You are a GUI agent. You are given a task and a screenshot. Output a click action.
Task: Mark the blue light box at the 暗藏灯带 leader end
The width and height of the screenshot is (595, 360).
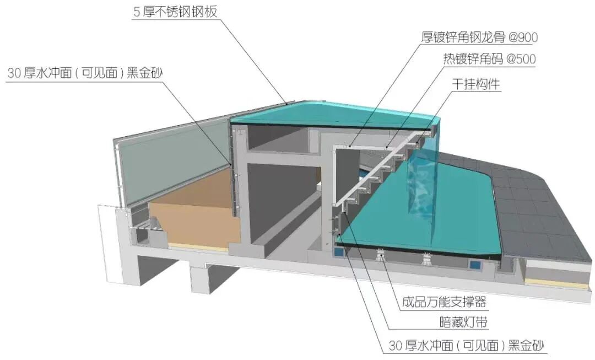pos(338,251)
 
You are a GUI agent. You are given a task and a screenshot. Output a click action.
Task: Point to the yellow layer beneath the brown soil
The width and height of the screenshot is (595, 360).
pos(198,247)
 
